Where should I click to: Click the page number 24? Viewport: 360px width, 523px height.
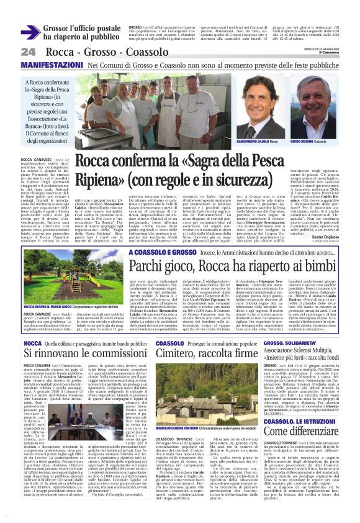(28, 52)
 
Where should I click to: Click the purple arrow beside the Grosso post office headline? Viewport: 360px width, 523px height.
(30, 33)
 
